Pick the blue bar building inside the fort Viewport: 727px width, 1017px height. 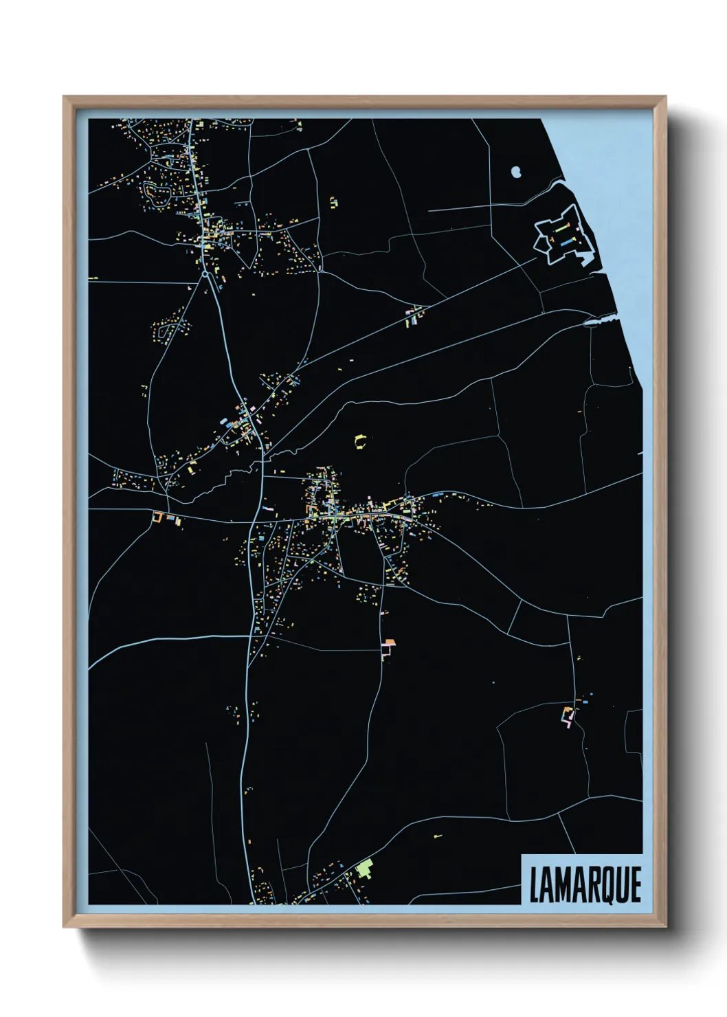(567, 242)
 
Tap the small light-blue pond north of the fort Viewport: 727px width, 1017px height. (516, 171)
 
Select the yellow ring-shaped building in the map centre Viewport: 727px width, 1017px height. (360, 441)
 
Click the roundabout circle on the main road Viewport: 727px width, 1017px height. (205, 273)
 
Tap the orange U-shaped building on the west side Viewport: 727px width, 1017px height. (159, 517)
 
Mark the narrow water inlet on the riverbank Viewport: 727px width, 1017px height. (598, 320)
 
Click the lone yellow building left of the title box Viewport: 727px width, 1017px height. (437, 836)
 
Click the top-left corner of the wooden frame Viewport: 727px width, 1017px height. (65, 98)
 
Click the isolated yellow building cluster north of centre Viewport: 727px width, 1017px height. (334, 203)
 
